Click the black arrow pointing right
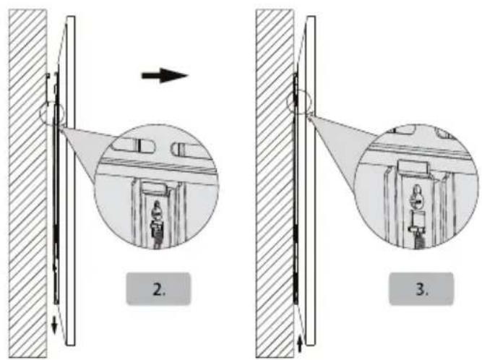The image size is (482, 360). (x=164, y=75)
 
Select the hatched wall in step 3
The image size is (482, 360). (x=275, y=181)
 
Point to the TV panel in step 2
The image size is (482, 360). (x=70, y=181)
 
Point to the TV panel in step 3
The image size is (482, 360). (x=309, y=181)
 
